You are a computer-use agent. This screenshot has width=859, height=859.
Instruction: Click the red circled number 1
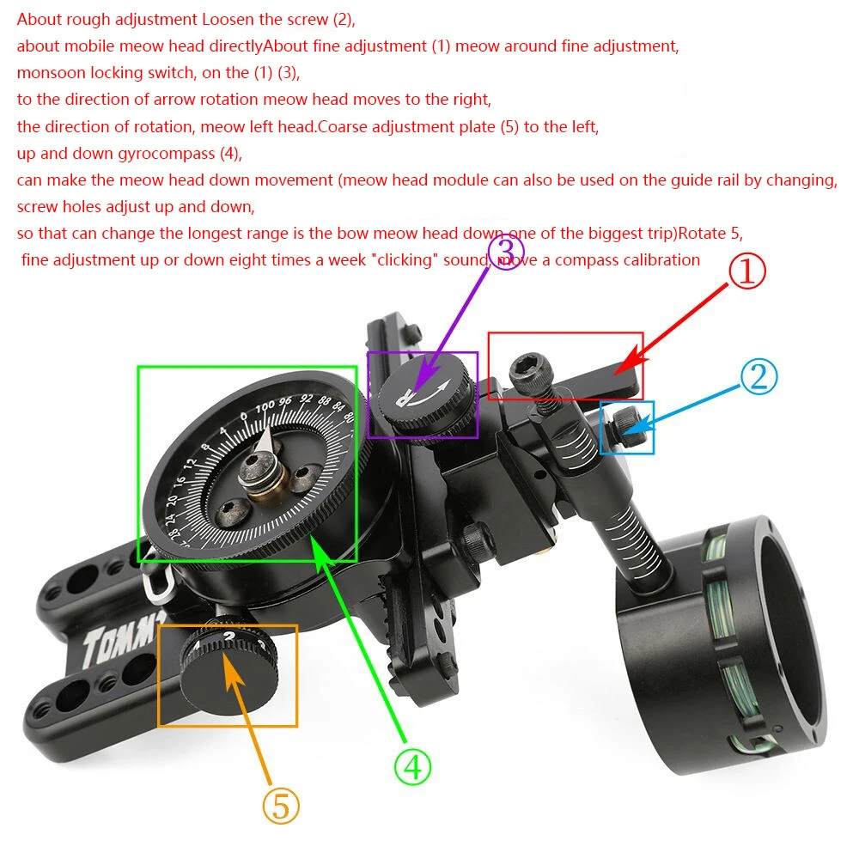(746, 272)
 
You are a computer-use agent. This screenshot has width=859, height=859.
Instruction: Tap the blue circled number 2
(758, 376)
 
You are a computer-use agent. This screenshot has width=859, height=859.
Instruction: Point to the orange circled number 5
(281, 806)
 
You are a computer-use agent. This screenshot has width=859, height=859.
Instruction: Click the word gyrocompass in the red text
(191, 154)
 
